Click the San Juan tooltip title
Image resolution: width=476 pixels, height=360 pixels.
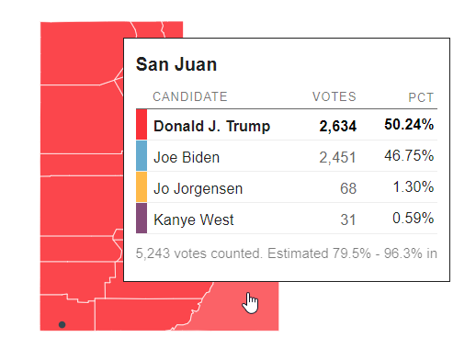click(176, 64)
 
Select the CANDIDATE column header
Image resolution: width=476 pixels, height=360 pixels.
click(189, 96)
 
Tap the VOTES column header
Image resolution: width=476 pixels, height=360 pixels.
click(334, 96)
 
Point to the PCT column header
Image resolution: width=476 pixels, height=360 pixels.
click(421, 96)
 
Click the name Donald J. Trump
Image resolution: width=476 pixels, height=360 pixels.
click(211, 126)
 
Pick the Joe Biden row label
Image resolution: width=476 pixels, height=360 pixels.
click(187, 157)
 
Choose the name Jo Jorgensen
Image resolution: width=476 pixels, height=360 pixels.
click(198, 188)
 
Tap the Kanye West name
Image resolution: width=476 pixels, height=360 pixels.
click(194, 219)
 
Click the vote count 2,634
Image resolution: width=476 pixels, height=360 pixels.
click(337, 126)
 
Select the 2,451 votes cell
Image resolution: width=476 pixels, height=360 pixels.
click(337, 157)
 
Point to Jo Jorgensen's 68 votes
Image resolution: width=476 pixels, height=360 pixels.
click(347, 188)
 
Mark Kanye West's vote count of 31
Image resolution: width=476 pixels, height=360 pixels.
click(347, 219)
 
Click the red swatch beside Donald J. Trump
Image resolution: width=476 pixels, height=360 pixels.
click(142, 125)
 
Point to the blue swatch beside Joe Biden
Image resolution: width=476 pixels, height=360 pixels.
click(142, 156)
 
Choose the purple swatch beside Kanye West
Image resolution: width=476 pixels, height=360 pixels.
click(142, 219)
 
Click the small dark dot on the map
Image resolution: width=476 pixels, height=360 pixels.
click(62, 324)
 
